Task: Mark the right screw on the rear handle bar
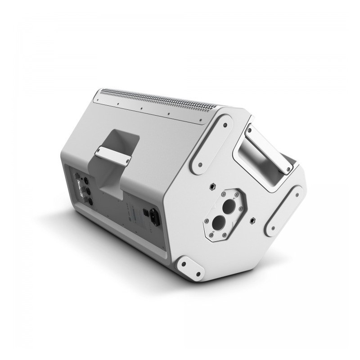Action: click(128, 159)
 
